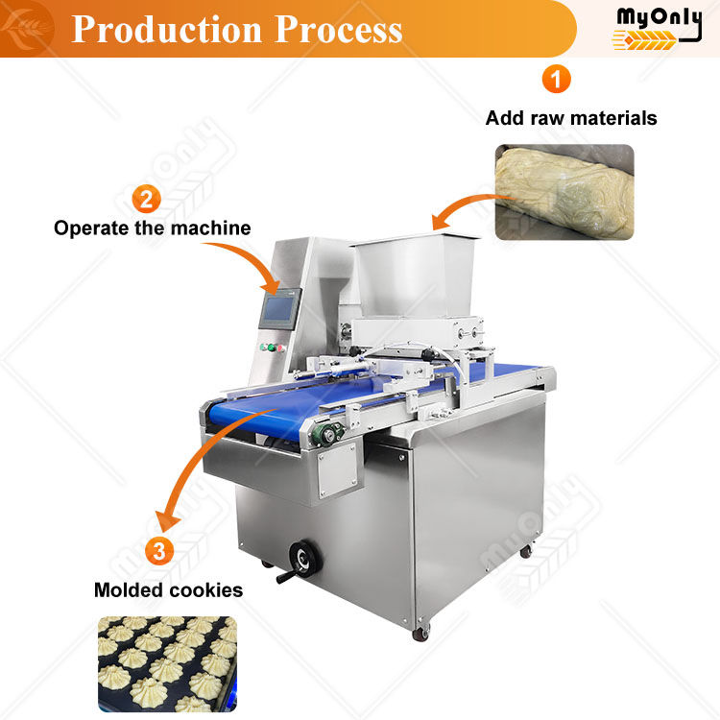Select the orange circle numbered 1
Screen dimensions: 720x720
(556, 79)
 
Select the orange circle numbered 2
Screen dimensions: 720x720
(146, 200)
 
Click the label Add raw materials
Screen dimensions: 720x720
(571, 118)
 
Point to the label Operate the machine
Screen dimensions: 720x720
(152, 228)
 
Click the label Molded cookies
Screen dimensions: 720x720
(168, 589)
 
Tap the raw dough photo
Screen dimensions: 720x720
(564, 192)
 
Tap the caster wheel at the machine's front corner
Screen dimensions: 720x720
(421, 633)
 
